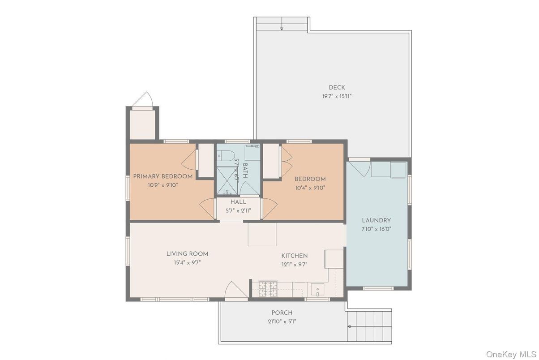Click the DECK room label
click(337, 87)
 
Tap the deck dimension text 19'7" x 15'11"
click(337, 96)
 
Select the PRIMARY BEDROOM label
click(163, 176)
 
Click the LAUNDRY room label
click(376, 220)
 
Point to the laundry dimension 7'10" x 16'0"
click(376, 229)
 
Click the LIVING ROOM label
click(187, 254)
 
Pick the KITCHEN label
click(294, 256)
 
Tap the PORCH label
click(282, 313)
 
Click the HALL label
click(238, 202)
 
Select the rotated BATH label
click(245, 171)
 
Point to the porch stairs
click(369, 326)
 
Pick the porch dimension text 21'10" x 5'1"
click(282, 321)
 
